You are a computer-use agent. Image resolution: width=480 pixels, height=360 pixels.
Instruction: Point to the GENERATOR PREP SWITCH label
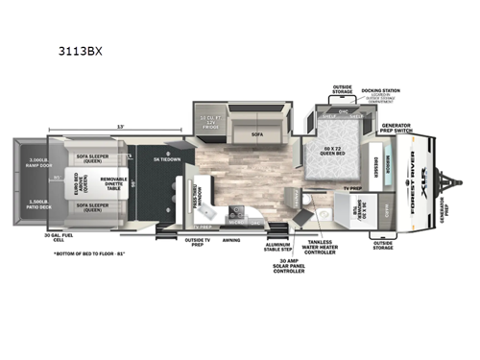396,129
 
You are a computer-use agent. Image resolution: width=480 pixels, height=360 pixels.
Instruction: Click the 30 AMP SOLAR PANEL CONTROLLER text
288,268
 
